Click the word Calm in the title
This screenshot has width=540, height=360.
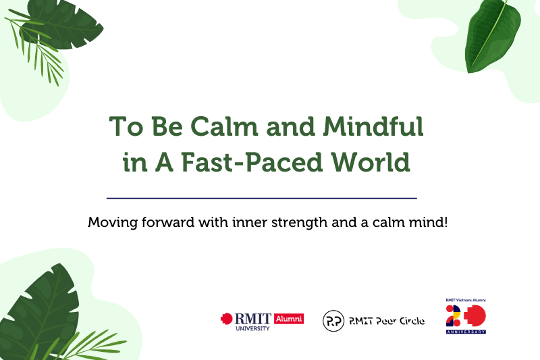click(224, 126)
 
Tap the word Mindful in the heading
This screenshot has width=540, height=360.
click(373, 126)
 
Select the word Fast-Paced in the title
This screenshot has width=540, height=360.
click(252, 162)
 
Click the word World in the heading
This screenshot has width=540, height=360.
click(371, 162)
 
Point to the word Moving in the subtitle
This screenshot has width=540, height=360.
click(113, 222)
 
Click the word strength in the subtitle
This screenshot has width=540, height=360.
click(299, 222)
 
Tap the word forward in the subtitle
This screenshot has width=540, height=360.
click(168, 222)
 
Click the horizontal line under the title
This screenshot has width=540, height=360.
click(262, 199)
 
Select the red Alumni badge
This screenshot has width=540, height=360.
click(289, 319)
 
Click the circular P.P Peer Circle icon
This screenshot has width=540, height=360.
click(333, 321)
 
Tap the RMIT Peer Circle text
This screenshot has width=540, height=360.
click(387, 321)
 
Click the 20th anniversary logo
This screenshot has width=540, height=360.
click(466, 316)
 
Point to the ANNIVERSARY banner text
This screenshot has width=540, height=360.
click(466, 332)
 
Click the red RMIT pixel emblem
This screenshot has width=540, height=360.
click(227, 319)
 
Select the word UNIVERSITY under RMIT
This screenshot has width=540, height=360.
click(252, 329)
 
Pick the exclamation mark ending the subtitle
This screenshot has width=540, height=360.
click(446, 222)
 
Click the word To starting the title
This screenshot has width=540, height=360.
click(126, 126)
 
